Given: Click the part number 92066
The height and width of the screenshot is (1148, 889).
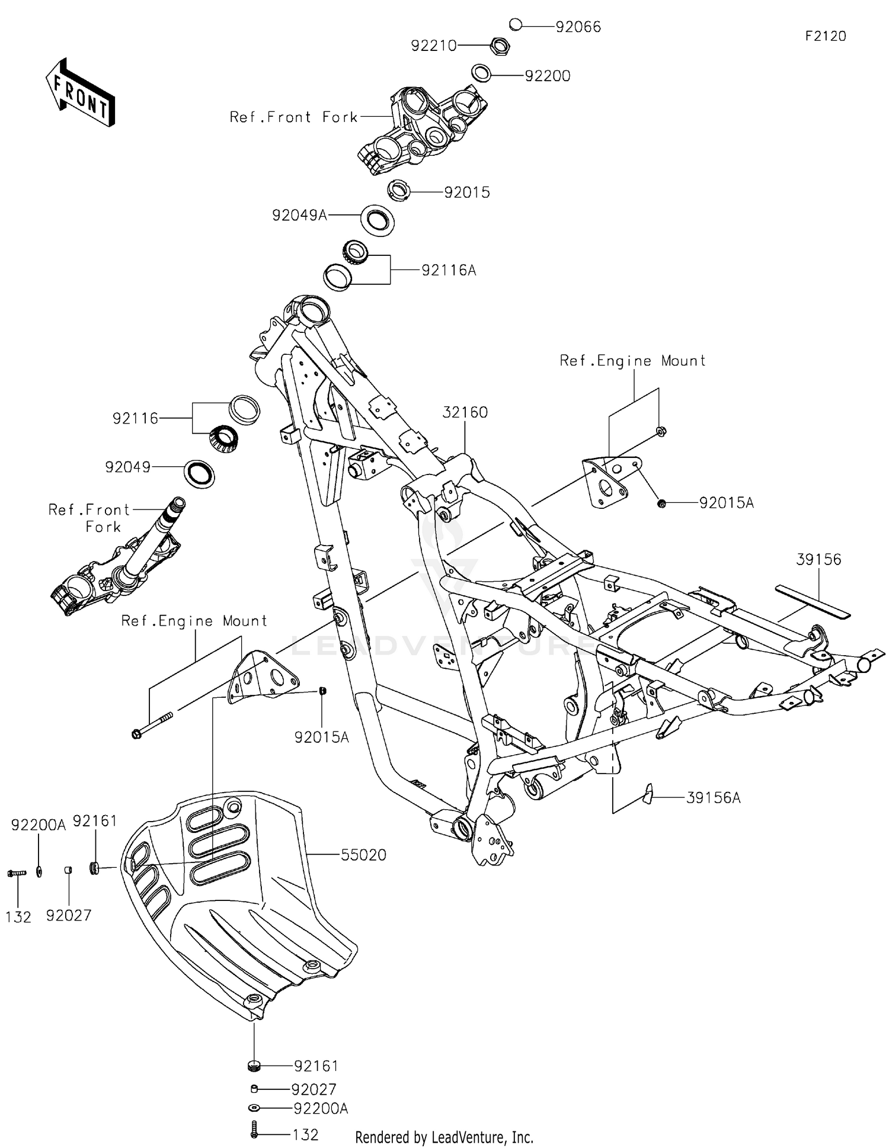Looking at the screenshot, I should [x=578, y=27].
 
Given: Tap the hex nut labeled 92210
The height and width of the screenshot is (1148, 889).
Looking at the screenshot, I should [x=500, y=45].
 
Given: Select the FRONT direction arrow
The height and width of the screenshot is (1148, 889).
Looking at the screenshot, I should [x=80, y=93].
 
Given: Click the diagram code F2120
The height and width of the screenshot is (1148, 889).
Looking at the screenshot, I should [x=826, y=36].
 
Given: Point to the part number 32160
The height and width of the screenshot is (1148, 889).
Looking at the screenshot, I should [x=465, y=412].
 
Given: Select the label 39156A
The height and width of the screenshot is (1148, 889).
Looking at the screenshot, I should [x=713, y=798].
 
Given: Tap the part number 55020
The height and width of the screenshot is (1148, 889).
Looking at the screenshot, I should [x=363, y=855].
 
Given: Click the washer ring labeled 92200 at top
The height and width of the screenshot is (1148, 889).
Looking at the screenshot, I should [x=481, y=73].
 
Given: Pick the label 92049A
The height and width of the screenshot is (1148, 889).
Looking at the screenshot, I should [x=299, y=215].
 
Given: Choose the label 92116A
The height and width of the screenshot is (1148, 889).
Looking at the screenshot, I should [x=449, y=271].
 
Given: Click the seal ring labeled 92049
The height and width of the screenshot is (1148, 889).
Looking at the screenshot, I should [x=200, y=473].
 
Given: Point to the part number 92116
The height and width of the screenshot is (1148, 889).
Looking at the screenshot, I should [x=136, y=419].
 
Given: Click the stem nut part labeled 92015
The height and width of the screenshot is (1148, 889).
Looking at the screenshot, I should [x=399, y=192].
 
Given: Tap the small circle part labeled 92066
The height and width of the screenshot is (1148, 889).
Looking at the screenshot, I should [x=515, y=25].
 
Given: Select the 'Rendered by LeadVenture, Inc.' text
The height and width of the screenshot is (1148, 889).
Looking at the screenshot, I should [x=444, y=1137].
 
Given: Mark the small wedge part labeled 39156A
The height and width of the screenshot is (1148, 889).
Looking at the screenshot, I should [x=647, y=794].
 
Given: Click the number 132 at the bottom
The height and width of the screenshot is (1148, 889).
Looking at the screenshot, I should [x=305, y=1134].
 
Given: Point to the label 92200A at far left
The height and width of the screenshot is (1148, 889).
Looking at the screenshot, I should [x=39, y=825].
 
